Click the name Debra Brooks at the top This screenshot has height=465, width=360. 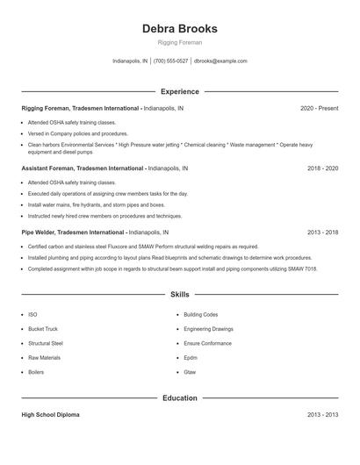pos(179,28)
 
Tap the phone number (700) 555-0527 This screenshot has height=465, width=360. pos(170,61)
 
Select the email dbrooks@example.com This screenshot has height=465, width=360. pos(220,61)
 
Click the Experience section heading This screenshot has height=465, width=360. pos(179,91)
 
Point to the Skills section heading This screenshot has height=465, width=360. pos(179,295)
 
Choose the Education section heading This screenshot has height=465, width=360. pos(179,397)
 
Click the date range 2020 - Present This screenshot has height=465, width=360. pos(319,108)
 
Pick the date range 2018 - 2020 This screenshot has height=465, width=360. pos(322,167)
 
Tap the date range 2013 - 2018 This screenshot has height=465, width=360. pos(322,232)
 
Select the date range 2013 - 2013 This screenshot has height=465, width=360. pos(322,414)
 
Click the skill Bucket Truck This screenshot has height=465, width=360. pos(42,328)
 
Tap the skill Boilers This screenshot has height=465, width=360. pos(37,372)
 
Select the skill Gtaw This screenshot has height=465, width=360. pos(190,372)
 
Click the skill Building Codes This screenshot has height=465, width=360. pos(200,313)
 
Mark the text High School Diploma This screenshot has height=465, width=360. pos(50,414)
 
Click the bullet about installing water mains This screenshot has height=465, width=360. pos(84,204)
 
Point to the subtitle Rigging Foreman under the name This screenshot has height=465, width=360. pos(179,42)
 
